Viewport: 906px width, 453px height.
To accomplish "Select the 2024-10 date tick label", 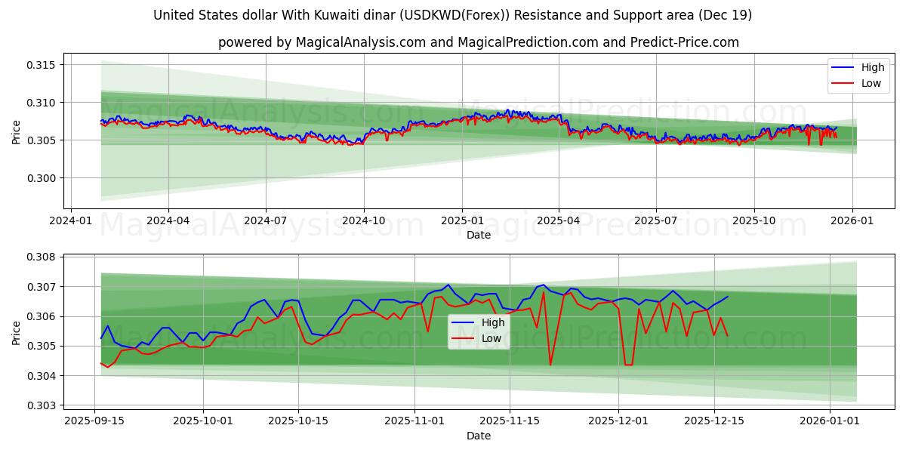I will tap(364, 220).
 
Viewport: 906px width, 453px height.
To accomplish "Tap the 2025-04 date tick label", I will tap(559, 220).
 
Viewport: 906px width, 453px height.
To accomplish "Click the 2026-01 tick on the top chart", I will tap(852, 220).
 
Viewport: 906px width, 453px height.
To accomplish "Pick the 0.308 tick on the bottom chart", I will tap(42, 257).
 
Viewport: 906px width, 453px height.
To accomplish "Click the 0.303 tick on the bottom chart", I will tap(42, 405).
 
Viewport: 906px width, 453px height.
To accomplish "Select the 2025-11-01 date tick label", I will tap(414, 421).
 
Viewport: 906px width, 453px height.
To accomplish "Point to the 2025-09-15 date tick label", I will tap(94, 421).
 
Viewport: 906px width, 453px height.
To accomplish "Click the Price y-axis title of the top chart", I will tap(17, 133).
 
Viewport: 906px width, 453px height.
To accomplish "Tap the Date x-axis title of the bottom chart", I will tap(478, 436).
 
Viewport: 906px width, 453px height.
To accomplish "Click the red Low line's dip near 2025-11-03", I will tap(427, 331).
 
